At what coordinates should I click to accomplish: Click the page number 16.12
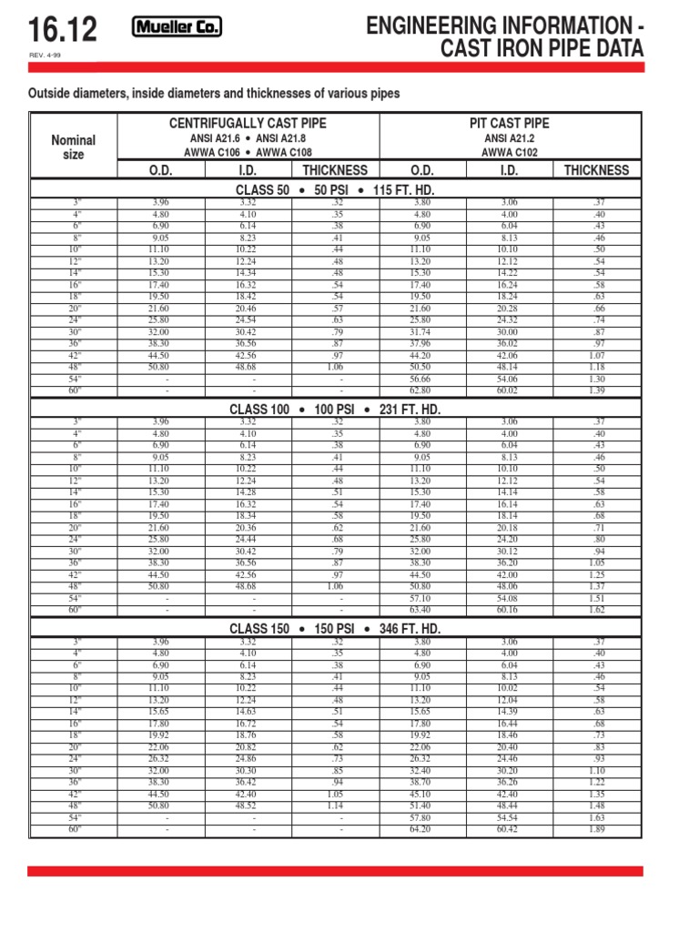pos(62,33)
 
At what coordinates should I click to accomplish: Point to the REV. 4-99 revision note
pos(45,57)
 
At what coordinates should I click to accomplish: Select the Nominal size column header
pos(73,147)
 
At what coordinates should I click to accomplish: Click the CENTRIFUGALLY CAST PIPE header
pos(246,123)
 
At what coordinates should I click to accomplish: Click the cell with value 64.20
pos(420,829)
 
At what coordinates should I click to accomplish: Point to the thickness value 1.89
pos(595,829)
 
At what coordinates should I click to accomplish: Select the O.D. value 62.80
pos(420,390)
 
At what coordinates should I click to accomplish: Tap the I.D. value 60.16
pos(507,610)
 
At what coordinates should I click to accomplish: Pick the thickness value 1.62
pos(595,610)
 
